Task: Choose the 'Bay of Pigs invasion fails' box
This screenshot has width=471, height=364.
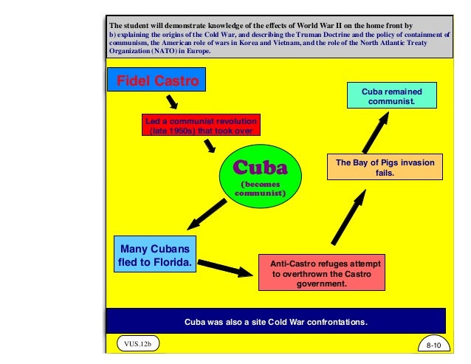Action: (385, 168)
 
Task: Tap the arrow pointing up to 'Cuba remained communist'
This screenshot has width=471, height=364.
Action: (377, 136)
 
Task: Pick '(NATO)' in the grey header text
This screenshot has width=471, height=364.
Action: (159, 52)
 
